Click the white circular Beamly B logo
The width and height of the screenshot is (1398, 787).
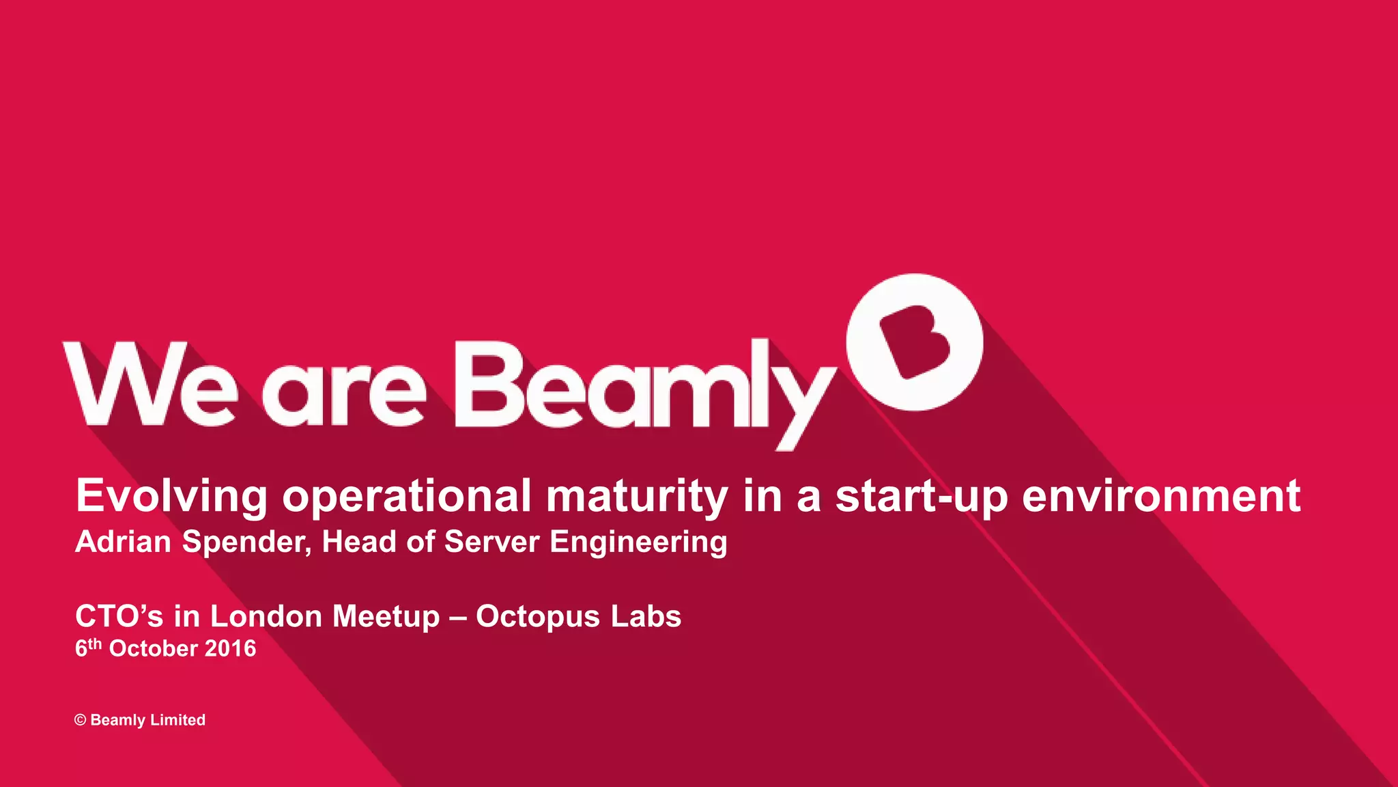(914, 342)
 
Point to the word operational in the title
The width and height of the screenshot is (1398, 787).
(407, 497)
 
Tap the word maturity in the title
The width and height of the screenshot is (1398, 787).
(637, 497)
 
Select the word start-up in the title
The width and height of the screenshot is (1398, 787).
(922, 497)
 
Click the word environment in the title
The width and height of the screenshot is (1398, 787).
(1161, 497)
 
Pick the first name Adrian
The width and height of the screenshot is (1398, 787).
(124, 542)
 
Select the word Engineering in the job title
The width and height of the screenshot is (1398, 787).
(638, 542)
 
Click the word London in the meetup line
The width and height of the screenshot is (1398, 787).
(266, 616)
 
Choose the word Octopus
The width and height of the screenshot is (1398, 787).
(538, 616)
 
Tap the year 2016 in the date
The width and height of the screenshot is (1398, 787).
(230, 648)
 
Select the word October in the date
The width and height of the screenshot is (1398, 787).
(154, 648)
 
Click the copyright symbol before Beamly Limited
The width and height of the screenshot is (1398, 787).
(81, 720)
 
